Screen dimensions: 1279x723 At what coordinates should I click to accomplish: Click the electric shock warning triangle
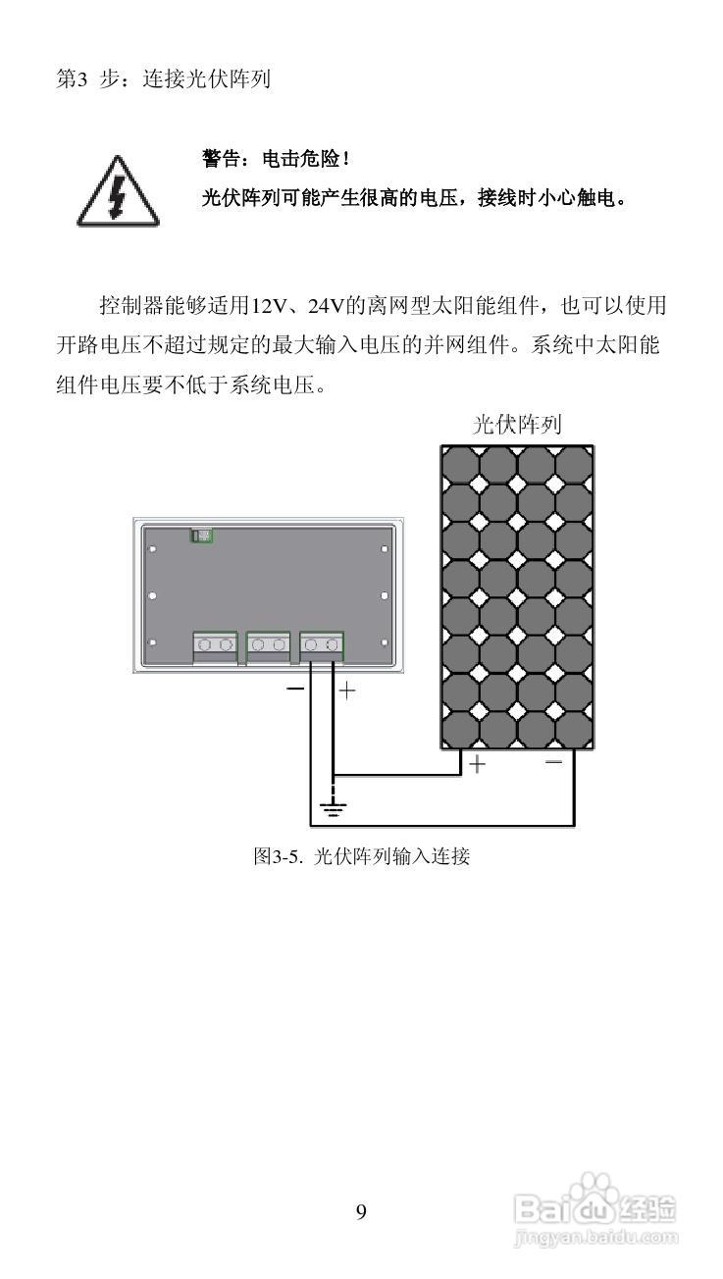point(117,193)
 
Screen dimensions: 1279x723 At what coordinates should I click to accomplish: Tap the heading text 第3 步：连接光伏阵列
point(163,79)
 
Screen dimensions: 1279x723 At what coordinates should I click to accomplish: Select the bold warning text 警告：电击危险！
point(276,158)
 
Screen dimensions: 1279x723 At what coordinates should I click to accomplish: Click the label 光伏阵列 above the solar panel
point(517,425)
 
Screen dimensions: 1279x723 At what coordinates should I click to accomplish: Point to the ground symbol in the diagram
point(334,808)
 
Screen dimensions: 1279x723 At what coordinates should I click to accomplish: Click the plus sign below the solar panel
point(477,763)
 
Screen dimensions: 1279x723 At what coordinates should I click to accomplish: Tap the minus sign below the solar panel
point(554,762)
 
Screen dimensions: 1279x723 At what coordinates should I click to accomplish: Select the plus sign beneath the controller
point(346,691)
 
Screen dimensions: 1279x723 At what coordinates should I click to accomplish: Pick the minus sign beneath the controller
point(295,690)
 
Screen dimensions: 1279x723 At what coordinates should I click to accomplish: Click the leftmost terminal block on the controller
point(215,644)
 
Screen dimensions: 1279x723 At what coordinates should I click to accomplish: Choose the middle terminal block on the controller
point(268,644)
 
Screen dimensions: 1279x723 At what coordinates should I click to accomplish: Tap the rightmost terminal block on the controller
point(322,644)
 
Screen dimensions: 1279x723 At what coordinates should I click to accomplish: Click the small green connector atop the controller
point(202,535)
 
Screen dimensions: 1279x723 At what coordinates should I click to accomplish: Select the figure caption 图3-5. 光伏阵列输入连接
point(362,855)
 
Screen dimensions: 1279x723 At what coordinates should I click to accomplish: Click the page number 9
point(361,1212)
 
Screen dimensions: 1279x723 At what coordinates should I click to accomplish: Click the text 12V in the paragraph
point(267,306)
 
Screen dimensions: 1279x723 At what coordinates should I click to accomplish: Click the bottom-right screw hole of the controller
point(384,642)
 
